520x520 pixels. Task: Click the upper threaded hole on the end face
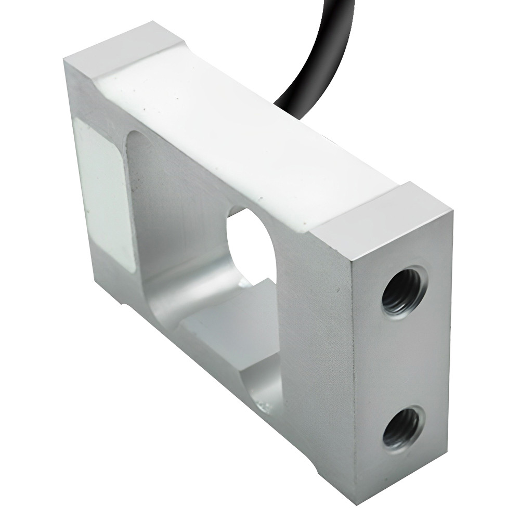click(x=403, y=293)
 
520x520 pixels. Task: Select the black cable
click(x=307, y=62)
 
